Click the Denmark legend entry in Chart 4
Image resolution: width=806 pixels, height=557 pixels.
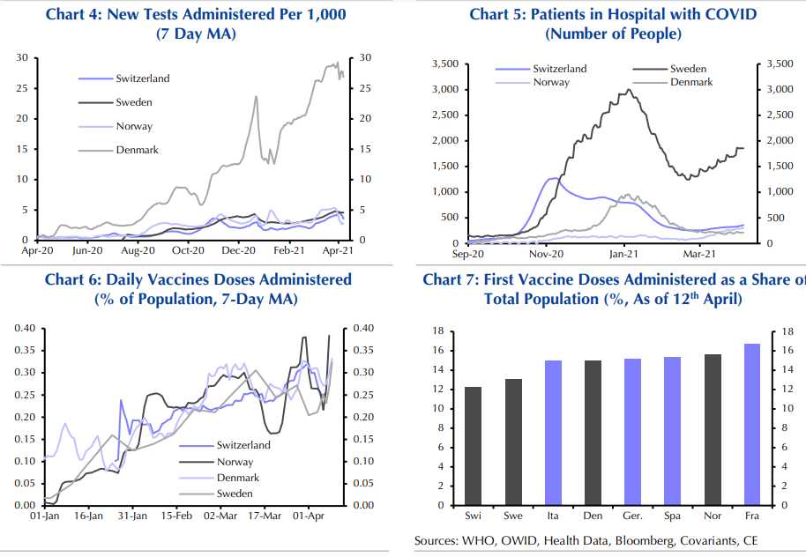(x=137, y=150)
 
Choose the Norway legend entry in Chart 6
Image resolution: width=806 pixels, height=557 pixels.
(x=235, y=462)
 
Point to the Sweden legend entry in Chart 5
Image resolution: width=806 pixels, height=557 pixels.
(x=688, y=69)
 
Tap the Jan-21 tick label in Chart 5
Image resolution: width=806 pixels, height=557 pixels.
(x=623, y=254)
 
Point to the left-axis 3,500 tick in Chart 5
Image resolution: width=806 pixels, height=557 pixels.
(x=444, y=64)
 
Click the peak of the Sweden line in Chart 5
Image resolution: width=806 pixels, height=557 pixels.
(x=630, y=89)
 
